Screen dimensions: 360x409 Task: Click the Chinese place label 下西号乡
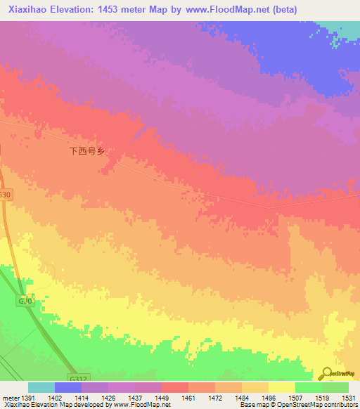[x=86, y=150]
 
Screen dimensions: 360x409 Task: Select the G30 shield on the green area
[x=25, y=301]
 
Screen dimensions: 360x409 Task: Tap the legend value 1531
[x=348, y=398]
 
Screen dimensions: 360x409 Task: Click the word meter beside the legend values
[x=11, y=398]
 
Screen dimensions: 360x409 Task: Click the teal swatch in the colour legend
[x=41, y=387]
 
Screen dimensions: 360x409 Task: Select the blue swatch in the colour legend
[x=68, y=387]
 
